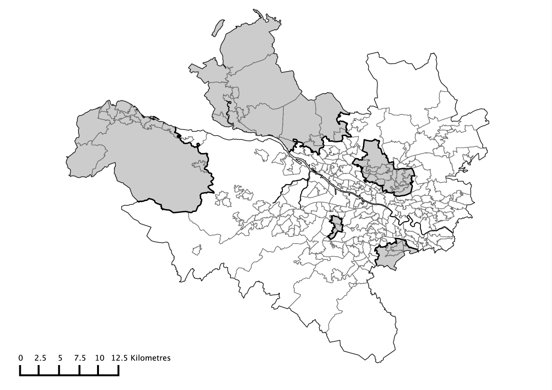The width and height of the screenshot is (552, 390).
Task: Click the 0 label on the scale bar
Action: coord(21,357)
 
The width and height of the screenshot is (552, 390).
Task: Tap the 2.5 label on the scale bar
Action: coord(40,357)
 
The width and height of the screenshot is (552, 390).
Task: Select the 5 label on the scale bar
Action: coord(60,357)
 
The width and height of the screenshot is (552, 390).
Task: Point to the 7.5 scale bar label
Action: coord(80,357)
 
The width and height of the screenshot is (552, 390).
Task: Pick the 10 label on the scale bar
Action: coord(99,357)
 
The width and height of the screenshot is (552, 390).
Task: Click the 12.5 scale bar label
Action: coord(119,357)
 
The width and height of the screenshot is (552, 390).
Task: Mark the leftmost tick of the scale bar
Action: coord(20,372)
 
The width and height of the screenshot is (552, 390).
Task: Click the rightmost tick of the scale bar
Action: coord(119,372)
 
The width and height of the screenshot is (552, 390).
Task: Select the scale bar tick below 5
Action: coord(59,372)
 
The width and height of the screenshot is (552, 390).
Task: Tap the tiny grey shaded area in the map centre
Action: coord(335,227)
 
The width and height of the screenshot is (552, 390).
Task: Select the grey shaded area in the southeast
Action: coord(391,254)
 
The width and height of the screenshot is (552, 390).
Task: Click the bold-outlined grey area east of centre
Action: coord(384,170)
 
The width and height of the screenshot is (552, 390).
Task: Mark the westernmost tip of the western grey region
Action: coord(66,162)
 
